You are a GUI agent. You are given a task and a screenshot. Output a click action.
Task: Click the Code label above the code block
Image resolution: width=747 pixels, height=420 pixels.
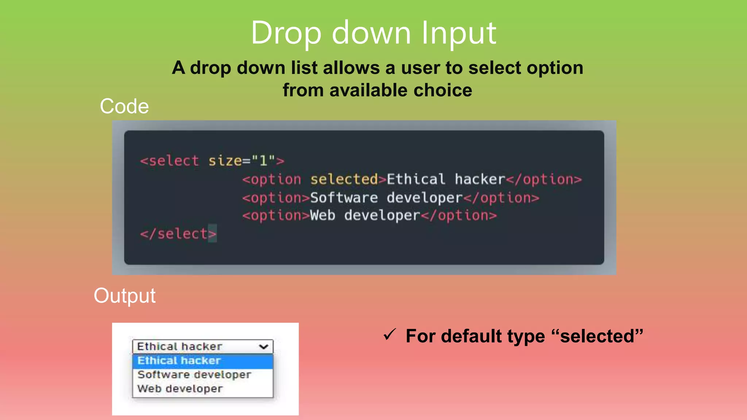coord(124,106)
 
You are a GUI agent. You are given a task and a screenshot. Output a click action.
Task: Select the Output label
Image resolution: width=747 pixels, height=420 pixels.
coord(124,295)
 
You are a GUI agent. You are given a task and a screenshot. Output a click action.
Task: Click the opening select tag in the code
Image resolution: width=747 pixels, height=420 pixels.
coord(170,161)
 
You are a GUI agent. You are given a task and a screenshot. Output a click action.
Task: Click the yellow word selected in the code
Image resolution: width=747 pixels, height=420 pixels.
coord(344,179)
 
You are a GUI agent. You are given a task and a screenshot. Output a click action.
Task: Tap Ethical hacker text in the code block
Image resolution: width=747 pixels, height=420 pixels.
coord(445,179)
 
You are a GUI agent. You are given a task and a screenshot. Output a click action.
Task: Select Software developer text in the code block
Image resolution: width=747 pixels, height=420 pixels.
coord(386,198)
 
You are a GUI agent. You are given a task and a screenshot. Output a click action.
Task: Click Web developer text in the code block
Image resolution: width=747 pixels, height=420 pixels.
coord(365,215)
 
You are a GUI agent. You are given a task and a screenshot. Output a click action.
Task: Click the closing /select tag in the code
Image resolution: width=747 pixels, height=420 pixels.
coord(178,234)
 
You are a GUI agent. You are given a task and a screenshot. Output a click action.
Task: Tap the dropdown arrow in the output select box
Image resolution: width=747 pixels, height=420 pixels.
coord(264,346)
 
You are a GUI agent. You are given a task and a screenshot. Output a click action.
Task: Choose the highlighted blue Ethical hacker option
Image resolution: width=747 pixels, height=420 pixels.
coord(179,361)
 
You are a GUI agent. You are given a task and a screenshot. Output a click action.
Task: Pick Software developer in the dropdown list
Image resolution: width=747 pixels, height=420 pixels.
coord(194,374)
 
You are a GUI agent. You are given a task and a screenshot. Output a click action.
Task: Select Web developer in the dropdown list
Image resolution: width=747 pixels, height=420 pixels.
coord(180,389)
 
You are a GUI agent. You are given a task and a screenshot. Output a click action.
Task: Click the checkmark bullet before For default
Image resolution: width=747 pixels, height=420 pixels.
coord(390,334)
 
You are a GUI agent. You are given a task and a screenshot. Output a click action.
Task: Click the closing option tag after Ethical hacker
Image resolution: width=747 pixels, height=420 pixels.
coord(543,179)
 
